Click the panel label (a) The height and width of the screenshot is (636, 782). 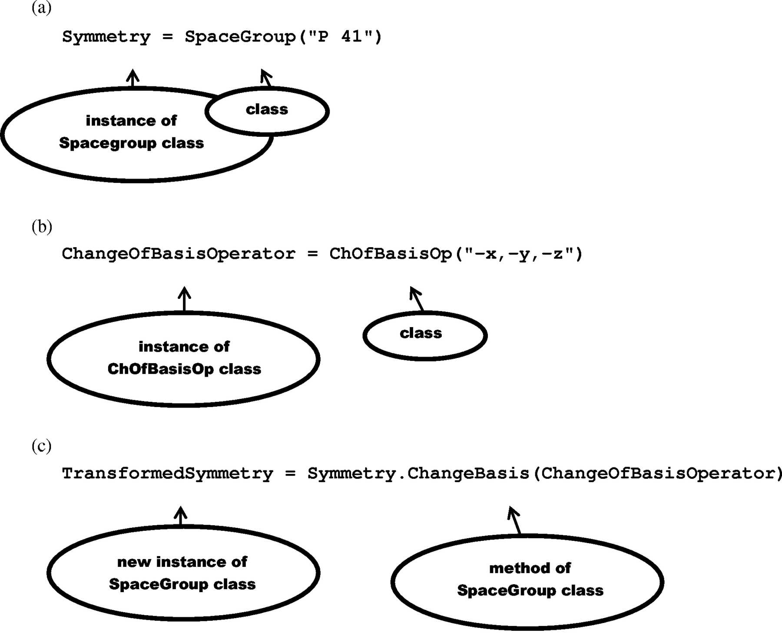(42, 7)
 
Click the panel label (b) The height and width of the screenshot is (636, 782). (42, 226)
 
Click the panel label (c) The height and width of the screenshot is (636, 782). (42, 446)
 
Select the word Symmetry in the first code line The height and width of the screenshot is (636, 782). (106, 37)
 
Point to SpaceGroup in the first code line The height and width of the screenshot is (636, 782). (240, 37)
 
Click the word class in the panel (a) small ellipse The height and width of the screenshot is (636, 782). (267, 109)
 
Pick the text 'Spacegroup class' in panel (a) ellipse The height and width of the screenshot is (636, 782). (131, 143)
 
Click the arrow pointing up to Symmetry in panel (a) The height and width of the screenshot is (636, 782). (133, 78)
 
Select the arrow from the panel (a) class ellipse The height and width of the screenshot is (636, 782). (266, 78)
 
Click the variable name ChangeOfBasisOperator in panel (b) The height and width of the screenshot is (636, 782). (179, 254)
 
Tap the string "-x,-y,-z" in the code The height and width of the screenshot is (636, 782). (519, 253)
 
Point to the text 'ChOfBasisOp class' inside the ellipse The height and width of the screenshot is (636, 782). (184, 369)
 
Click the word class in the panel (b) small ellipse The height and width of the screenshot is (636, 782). (421, 333)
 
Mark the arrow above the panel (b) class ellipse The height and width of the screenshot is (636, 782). (417, 299)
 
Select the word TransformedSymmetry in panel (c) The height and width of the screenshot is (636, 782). (168, 474)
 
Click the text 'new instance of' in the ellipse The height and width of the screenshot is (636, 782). (182, 562)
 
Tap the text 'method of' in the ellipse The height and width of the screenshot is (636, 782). (530, 568)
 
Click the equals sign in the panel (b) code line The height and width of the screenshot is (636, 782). (312, 254)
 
